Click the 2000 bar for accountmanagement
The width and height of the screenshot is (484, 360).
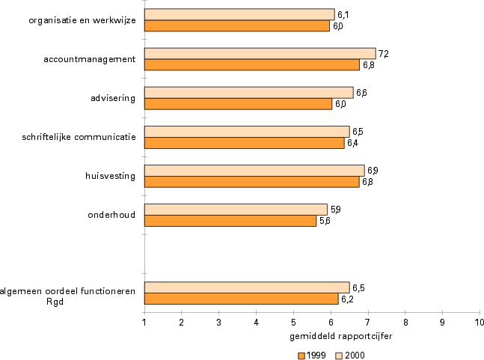(x=260, y=53)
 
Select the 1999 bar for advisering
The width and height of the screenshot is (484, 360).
(x=238, y=103)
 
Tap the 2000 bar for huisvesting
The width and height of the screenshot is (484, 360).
(x=254, y=170)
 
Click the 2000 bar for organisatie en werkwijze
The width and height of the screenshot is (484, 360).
(x=239, y=14)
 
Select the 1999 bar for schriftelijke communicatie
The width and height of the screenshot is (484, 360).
(x=245, y=142)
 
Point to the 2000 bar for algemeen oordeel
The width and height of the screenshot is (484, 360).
(x=247, y=287)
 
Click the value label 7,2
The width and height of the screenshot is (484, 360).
(x=383, y=54)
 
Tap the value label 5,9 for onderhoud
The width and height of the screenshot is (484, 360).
(x=336, y=209)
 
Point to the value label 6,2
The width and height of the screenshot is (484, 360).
(x=346, y=299)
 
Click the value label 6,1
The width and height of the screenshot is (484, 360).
(x=343, y=14)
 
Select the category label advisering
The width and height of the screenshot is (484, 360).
(x=112, y=97)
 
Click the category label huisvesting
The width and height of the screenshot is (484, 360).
(x=111, y=176)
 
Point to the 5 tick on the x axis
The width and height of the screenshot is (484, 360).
(x=294, y=322)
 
